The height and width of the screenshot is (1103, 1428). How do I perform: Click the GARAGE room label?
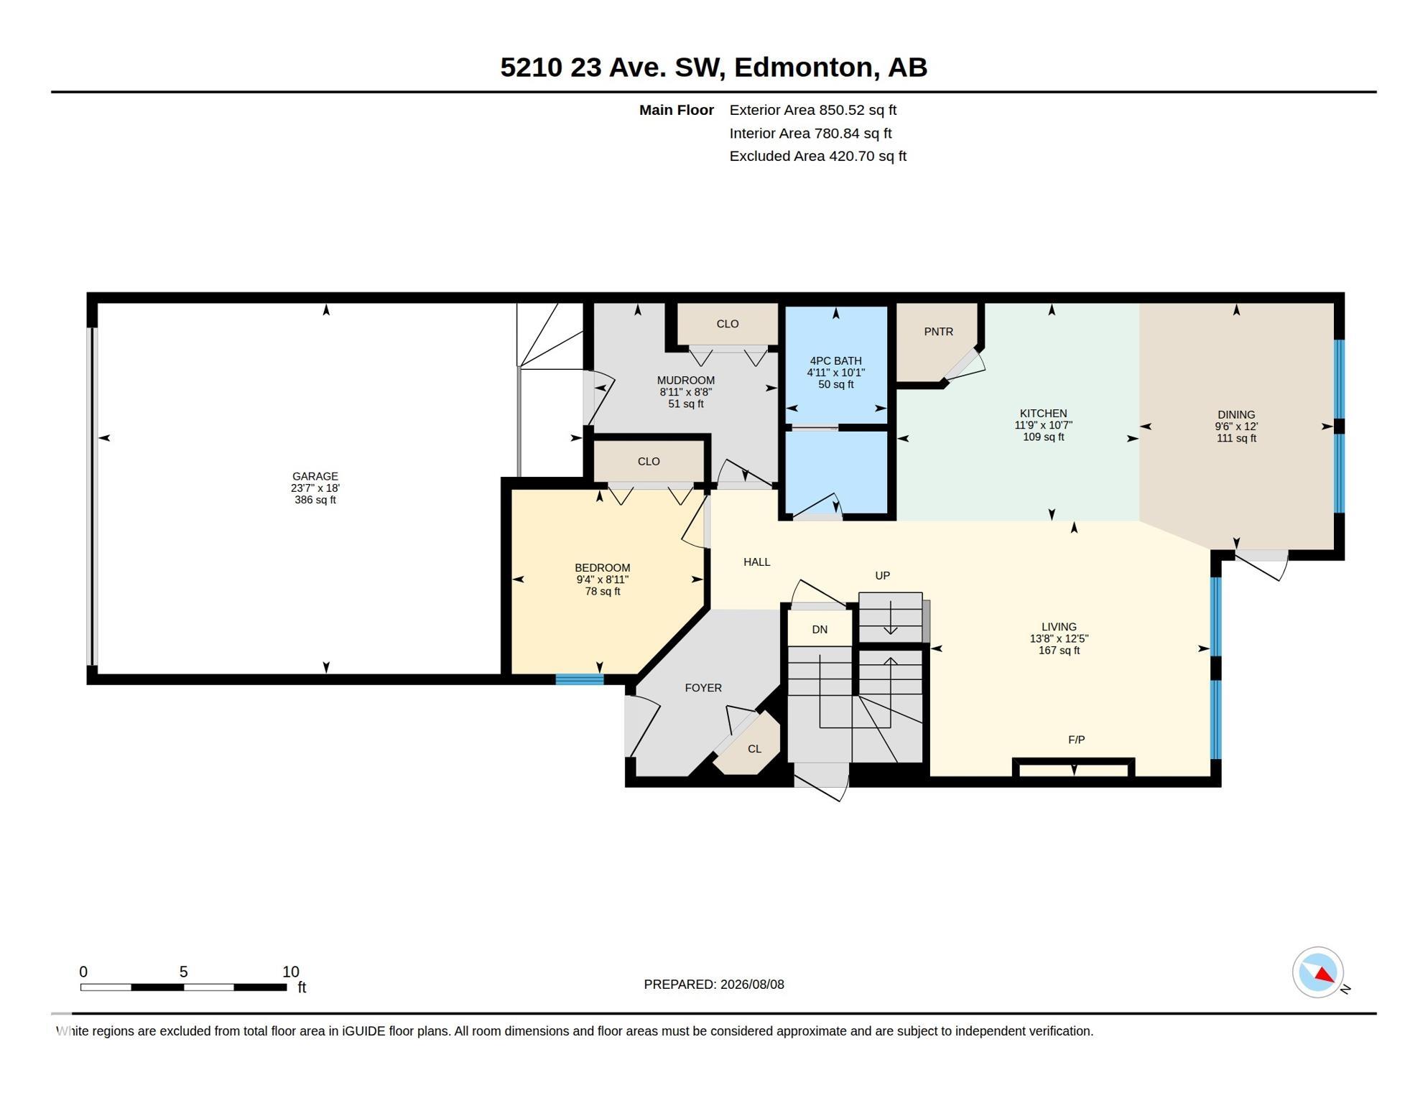coord(315,476)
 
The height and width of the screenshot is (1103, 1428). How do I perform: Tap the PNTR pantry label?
coord(938,332)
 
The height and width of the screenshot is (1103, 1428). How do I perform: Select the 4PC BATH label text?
coord(835,361)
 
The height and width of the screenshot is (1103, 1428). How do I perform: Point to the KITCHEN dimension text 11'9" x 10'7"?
coord(1043,425)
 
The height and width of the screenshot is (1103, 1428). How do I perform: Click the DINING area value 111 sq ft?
coord(1236,438)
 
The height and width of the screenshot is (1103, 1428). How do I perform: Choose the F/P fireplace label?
coord(1076,740)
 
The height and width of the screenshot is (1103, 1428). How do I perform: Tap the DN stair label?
coord(820,630)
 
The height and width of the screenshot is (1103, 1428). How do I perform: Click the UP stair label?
coord(882,575)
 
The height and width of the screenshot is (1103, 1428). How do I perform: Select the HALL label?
coord(756,562)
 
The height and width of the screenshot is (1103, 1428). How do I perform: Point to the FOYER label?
coord(703,688)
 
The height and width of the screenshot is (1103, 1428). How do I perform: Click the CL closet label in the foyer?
coord(754,749)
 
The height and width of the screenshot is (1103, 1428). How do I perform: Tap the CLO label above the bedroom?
coord(649,462)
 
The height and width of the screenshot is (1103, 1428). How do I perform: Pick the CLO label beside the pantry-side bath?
coord(728,324)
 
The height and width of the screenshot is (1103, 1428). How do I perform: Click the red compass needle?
coord(1325,974)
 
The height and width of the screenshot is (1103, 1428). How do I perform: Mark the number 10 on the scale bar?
coord(290,972)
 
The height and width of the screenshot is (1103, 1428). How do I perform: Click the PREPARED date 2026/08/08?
coord(751,985)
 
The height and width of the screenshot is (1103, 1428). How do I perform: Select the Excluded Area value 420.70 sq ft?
coord(868,156)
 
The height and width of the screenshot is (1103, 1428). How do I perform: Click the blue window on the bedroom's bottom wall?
coord(580,679)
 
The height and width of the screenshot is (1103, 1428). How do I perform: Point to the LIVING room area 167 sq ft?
coord(1059,651)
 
